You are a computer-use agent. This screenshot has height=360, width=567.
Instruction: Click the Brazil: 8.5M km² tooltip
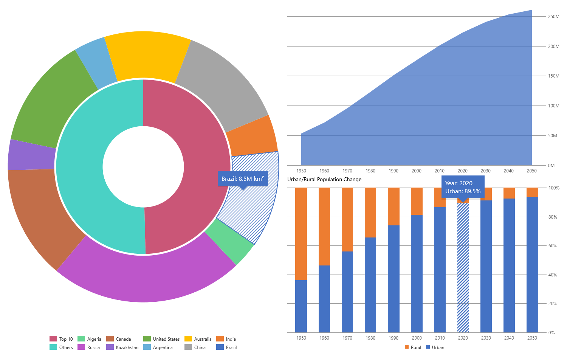coord(242,178)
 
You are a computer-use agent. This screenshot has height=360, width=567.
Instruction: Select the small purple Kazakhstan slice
coord(32,155)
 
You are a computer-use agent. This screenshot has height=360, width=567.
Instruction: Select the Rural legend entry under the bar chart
coord(413,348)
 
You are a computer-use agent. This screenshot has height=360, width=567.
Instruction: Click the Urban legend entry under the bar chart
coord(435,348)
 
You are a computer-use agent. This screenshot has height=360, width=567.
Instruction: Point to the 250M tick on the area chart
coord(553,17)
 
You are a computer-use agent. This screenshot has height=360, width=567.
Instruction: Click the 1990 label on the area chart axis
coord(393,171)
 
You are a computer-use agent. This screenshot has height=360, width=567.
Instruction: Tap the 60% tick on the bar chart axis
coord(552,246)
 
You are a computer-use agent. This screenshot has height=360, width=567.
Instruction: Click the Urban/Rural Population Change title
coord(324,180)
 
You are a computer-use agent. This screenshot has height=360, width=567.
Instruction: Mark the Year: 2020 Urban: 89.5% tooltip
coord(463,187)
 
